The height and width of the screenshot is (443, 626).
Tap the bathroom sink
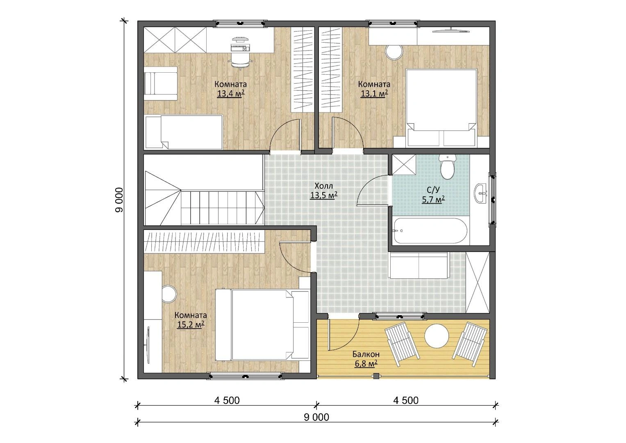click(x=481, y=193)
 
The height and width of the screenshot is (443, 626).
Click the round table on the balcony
click(x=437, y=335)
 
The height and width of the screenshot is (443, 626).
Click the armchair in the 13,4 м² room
click(x=161, y=83)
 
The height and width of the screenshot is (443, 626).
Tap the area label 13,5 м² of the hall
click(x=323, y=195)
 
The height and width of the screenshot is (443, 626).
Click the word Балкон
click(x=366, y=354)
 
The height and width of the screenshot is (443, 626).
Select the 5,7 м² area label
click(x=433, y=200)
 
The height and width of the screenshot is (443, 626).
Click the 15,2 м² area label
click(x=191, y=324)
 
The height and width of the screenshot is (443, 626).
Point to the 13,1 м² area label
click(x=374, y=93)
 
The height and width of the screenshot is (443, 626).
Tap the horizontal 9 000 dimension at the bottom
click(x=316, y=417)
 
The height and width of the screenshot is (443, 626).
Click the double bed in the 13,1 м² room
click(x=441, y=108)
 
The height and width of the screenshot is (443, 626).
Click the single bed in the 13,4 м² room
click(x=184, y=132)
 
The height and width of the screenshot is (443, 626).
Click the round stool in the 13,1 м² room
click(x=394, y=51)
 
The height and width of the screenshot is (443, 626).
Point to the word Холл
click(x=323, y=186)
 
